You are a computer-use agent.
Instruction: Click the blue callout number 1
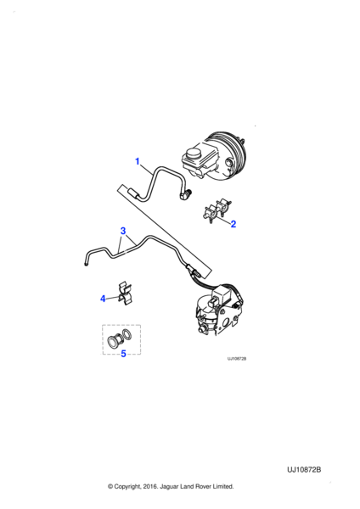tap(137, 161)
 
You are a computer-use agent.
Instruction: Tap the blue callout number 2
tap(233, 224)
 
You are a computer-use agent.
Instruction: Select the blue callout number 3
tap(123, 231)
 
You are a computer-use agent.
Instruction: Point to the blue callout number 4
tap(103, 299)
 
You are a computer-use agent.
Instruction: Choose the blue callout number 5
tap(123, 354)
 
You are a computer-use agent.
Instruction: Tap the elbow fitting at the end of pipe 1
tap(186, 194)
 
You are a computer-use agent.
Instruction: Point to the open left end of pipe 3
tap(86, 265)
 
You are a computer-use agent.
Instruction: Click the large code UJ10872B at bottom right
tap(304, 470)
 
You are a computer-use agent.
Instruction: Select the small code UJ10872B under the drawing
tap(237, 359)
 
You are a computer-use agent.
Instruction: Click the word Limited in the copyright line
tap(223, 486)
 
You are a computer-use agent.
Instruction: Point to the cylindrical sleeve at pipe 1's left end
tap(133, 193)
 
